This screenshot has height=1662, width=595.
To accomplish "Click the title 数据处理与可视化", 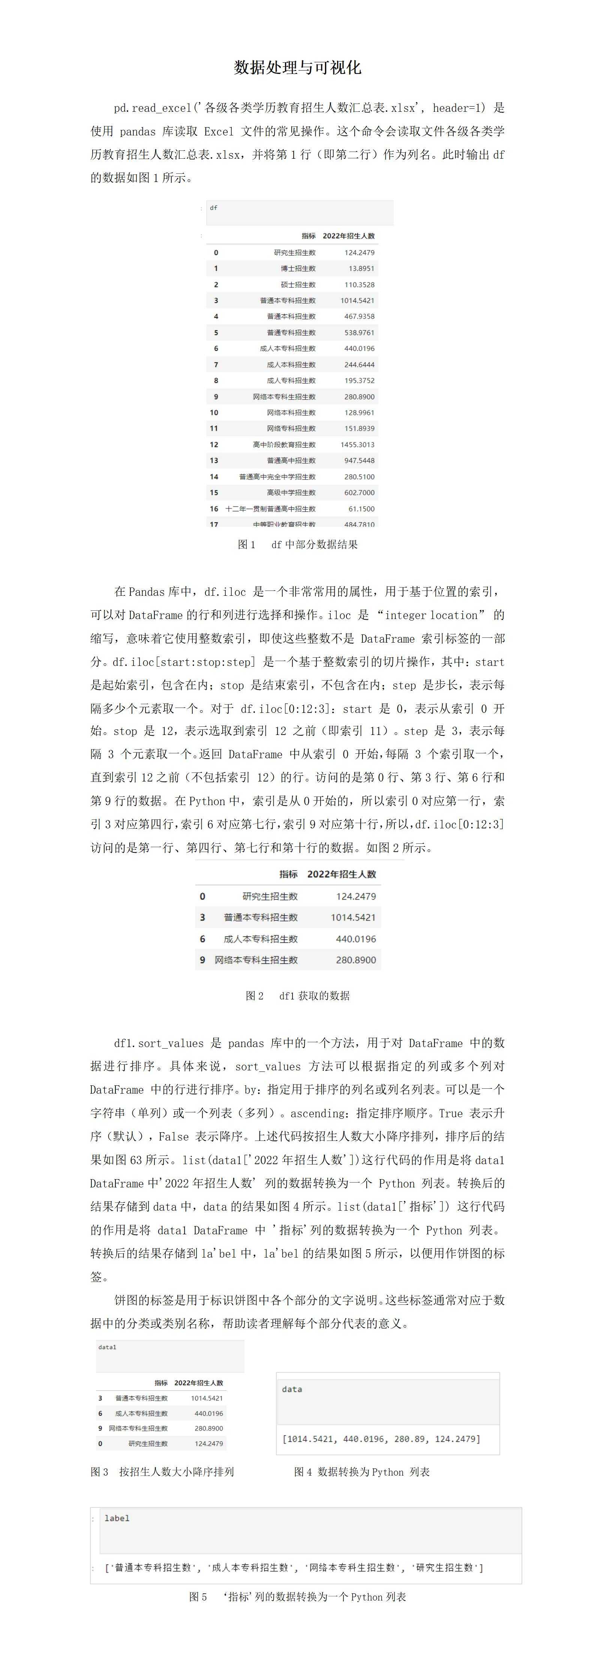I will [297, 68].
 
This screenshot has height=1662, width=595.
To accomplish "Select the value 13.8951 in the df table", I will [361, 268].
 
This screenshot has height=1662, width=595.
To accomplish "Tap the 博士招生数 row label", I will [298, 268].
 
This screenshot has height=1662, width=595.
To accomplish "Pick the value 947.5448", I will [359, 461].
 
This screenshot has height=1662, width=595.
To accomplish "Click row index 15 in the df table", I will [214, 492].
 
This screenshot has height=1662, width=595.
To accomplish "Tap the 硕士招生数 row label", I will [298, 284].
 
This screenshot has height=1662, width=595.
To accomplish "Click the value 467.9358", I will [359, 316].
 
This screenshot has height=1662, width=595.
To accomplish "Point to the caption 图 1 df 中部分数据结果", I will [297, 544].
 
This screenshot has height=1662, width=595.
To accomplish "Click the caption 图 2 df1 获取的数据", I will [297, 996].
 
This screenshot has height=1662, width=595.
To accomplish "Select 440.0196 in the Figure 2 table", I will [356, 939].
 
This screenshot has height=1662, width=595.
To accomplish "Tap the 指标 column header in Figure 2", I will [288, 874].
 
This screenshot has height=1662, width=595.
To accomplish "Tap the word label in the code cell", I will [117, 1518].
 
